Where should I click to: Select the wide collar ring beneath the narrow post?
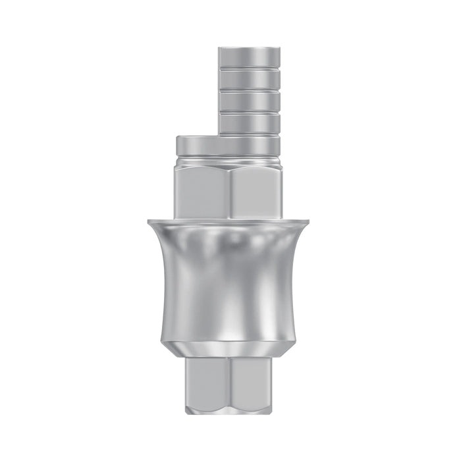[x=230, y=145]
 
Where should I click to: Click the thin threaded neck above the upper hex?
[x=230, y=160]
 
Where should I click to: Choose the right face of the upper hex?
[x=257, y=192]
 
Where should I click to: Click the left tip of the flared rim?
[x=149, y=221]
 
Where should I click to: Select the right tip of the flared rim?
[x=312, y=221]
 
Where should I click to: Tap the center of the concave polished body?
[x=230, y=280]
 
